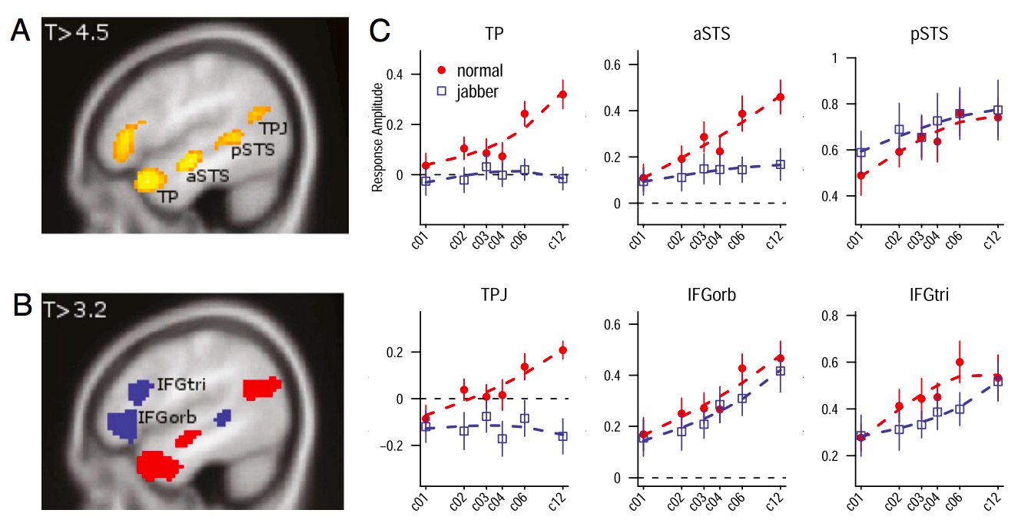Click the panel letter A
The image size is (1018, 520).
tap(21, 32)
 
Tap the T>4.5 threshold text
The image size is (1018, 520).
tap(77, 33)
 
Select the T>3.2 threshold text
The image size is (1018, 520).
tap(77, 310)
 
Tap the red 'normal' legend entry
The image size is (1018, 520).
tap(469, 71)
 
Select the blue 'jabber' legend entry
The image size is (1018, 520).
tap(469, 91)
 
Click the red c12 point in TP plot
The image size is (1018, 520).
tap(562, 94)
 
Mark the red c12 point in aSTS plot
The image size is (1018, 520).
tap(781, 97)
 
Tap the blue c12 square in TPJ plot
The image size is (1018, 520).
tap(562, 436)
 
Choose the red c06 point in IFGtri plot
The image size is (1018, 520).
tap(960, 362)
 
